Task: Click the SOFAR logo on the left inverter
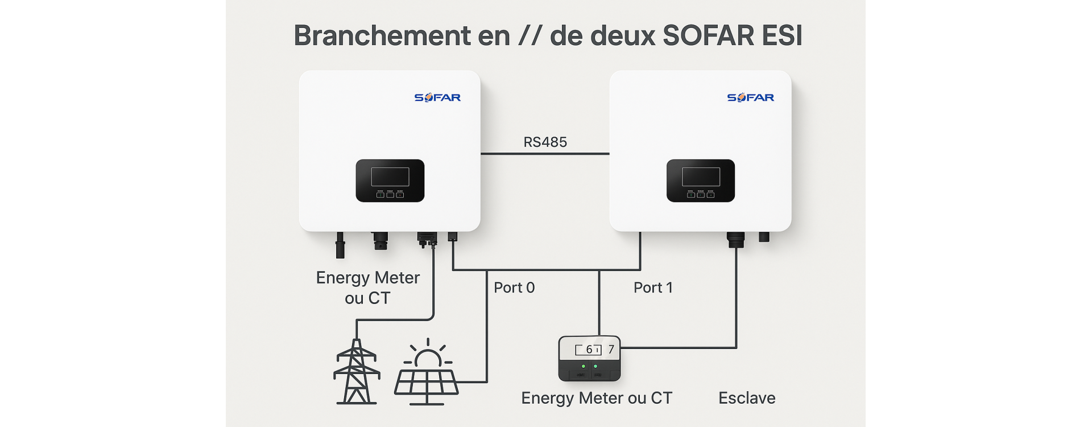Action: tap(437, 97)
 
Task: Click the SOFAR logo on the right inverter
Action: tap(750, 97)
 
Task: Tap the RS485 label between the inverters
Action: tap(545, 142)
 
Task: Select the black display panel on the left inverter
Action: tap(390, 180)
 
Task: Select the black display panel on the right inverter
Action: tap(701, 180)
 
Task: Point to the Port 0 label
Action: tap(514, 288)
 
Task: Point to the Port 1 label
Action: tap(653, 288)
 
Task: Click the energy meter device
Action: tap(589, 359)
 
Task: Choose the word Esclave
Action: tap(747, 398)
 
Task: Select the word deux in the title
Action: tap(623, 35)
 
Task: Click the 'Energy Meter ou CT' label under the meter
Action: tap(597, 398)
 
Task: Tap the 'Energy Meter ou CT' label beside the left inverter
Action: tap(367, 288)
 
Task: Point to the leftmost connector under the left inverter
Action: tap(340, 245)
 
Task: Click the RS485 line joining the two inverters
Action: tap(545, 154)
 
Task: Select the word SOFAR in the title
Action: tap(708, 35)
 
